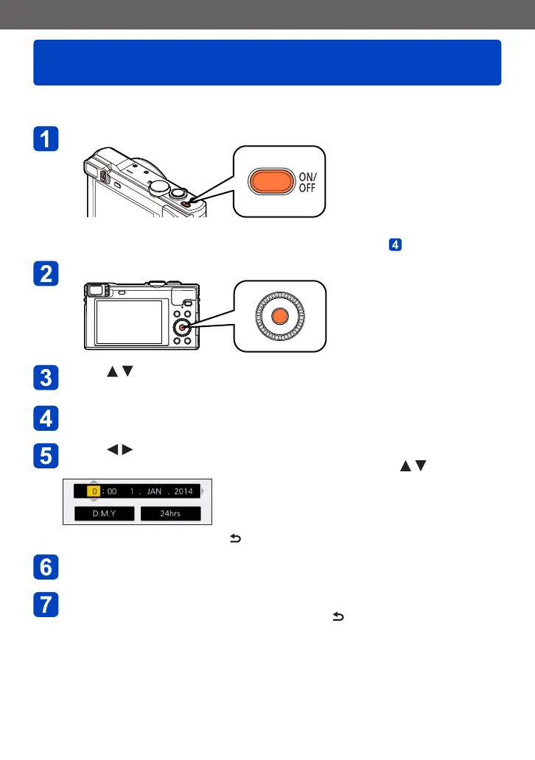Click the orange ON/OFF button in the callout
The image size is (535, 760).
tap(271, 182)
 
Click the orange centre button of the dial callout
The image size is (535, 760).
tap(279, 317)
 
